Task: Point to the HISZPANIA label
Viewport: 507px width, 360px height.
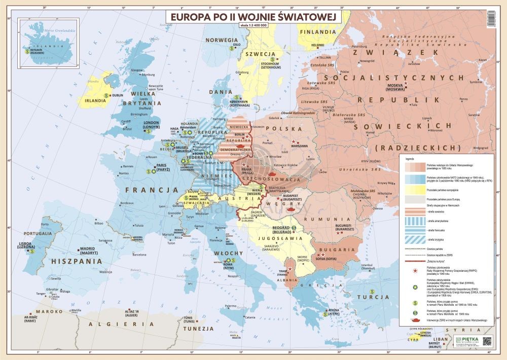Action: click(74, 261)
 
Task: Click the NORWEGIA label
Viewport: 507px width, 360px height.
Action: click(222, 40)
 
